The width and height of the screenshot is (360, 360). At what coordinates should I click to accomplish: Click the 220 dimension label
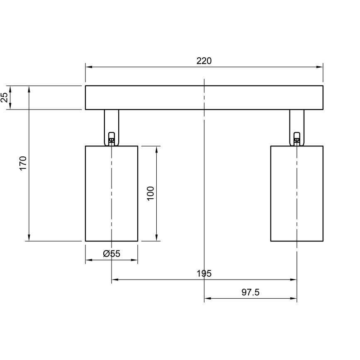204,61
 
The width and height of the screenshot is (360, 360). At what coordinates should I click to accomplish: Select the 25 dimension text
5,97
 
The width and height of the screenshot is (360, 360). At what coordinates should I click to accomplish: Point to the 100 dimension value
150,193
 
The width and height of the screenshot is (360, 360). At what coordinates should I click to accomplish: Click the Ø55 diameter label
111,254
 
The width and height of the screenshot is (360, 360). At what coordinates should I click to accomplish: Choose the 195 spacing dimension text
204,273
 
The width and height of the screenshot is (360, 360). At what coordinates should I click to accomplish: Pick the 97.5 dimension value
250,292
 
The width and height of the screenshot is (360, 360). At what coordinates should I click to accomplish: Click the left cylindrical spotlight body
111,193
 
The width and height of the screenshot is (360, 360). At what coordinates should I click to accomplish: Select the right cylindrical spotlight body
297,193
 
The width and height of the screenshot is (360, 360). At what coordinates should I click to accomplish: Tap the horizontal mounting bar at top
204,97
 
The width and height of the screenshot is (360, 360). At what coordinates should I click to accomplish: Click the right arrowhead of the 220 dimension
320,67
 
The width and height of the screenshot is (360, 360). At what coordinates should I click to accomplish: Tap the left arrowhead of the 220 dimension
88,67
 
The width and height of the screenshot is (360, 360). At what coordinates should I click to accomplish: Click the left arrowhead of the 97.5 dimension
207,299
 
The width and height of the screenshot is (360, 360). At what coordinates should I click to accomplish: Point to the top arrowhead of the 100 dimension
157,149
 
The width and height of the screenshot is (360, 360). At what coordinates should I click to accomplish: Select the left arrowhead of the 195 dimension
114,280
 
